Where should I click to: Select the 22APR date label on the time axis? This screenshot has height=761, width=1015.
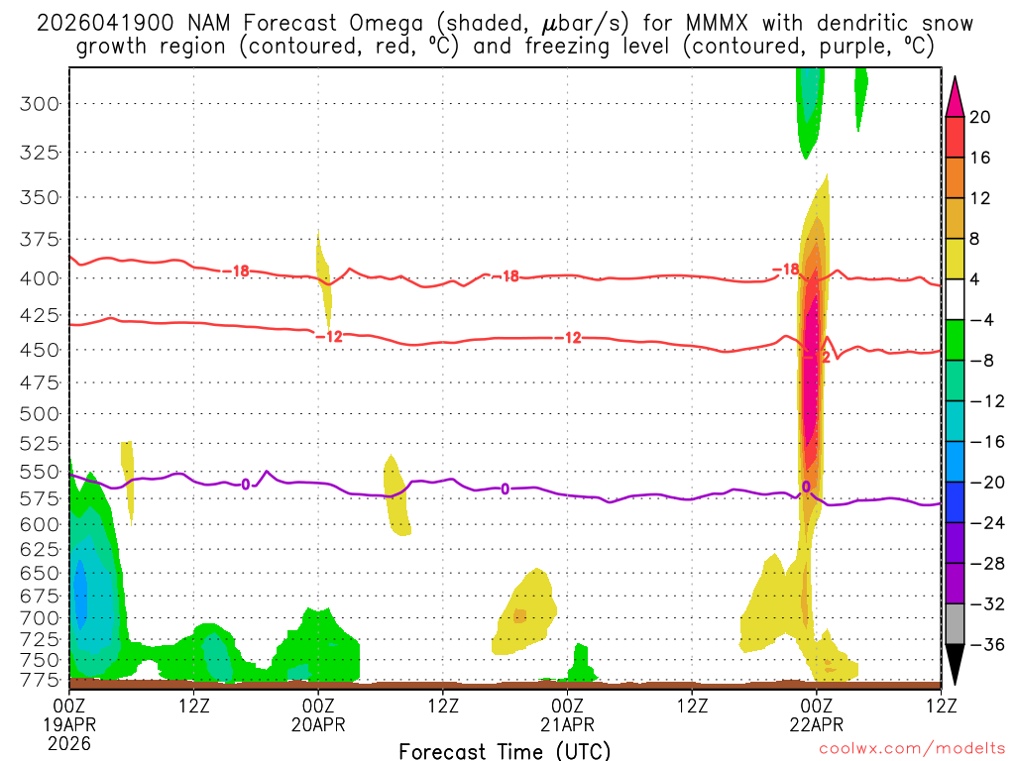(x=816, y=724)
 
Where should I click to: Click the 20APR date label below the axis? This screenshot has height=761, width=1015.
(x=318, y=724)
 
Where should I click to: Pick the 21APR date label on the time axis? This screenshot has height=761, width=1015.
(x=567, y=724)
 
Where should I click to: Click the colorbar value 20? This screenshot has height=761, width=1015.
(x=980, y=117)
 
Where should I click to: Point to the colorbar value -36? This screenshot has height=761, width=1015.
(x=980, y=645)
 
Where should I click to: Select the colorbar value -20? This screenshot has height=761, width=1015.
(x=980, y=483)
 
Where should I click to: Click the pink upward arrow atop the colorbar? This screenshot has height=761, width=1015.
(x=955, y=95)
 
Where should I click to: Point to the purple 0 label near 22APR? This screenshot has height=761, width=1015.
(x=806, y=487)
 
